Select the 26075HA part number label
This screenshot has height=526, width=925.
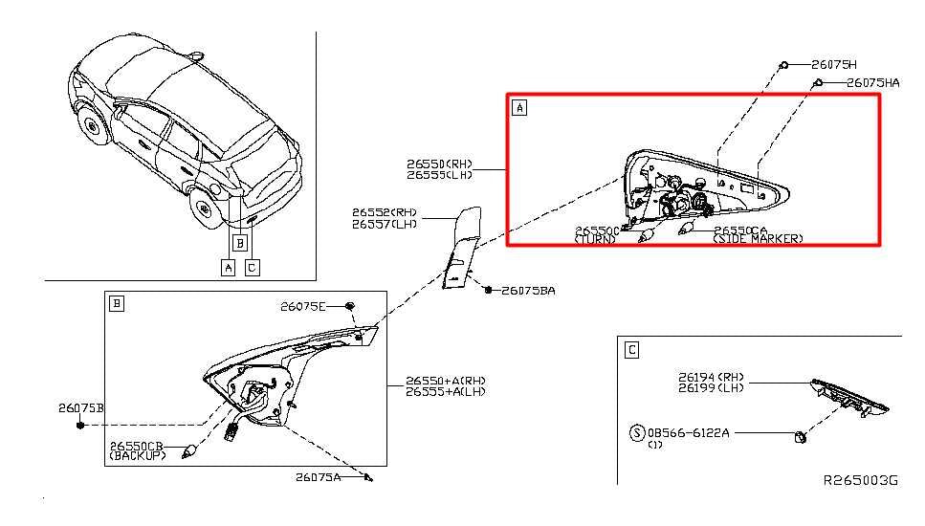tap(872, 83)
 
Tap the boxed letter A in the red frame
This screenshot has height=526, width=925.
tap(519, 108)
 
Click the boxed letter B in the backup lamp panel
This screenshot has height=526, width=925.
tap(117, 304)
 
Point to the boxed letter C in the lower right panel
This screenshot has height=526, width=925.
tap(631, 350)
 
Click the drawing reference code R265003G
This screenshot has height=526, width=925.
tap(860, 480)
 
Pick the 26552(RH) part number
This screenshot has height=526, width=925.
tap(385, 211)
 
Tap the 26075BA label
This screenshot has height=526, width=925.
tap(527, 290)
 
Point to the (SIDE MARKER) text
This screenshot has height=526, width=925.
tap(758, 239)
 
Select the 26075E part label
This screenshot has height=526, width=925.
tap(303, 306)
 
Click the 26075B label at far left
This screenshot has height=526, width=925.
tap(81, 407)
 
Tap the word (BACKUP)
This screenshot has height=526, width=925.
tap(138, 456)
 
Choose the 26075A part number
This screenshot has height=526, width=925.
tap(318, 476)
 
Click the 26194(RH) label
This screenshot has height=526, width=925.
tap(712, 377)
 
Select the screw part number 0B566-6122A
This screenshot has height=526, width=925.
tap(688, 432)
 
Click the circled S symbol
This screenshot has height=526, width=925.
tap(636, 433)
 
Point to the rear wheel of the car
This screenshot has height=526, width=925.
tap(203, 207)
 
